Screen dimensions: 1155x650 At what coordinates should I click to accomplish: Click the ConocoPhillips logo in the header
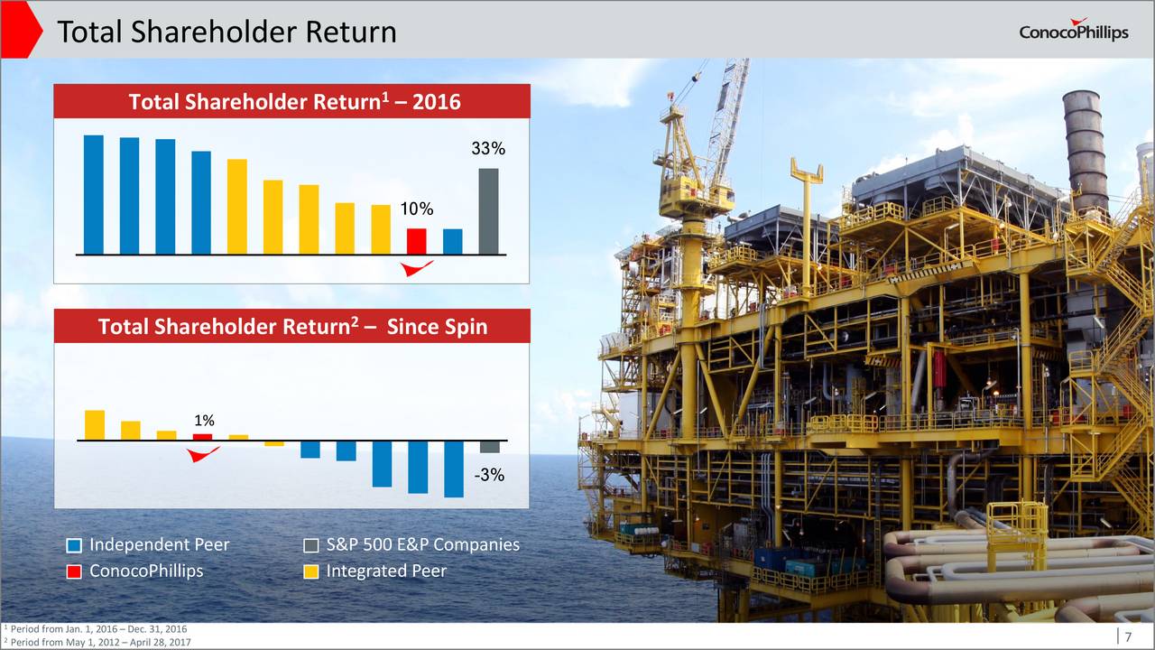point(1074,31)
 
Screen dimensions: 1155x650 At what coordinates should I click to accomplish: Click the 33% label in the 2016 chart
point(488,149)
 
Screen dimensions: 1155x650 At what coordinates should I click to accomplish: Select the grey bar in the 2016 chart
point(488,211)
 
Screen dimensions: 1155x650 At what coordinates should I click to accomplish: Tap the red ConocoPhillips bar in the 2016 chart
point(417,241)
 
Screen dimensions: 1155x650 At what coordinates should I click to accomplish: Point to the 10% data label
point(417,209)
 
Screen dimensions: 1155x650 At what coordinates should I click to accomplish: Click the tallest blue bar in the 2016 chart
point(93,195)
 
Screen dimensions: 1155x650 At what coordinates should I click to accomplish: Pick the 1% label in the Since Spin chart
point(204,421)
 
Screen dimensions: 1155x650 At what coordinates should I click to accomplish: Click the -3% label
point(489,475)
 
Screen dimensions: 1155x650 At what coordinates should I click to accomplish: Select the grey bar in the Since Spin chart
point(489,447)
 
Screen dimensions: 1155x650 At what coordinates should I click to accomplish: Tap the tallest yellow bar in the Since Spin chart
point(95,425)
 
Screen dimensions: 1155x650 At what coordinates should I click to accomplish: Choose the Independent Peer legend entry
point(148,544)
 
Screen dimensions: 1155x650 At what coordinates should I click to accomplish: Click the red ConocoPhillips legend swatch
point(74,571)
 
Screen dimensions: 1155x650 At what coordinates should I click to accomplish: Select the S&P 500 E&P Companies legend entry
point(411,544)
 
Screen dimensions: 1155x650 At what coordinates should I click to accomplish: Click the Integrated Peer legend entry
point(374,571)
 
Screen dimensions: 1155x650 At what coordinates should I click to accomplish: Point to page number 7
point(1128,636)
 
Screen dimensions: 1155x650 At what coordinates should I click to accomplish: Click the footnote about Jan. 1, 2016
point(96,629)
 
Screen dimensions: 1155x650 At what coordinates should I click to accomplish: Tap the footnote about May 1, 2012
point(97,642)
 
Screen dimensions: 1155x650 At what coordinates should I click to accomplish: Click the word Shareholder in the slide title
point(214,32)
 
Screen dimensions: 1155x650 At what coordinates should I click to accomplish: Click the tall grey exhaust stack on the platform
point(1086,150)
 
